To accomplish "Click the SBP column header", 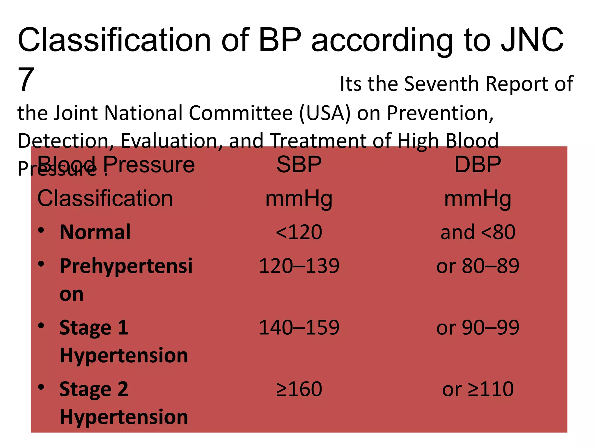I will (x=299, y=165).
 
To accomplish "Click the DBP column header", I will (x=478, y=165).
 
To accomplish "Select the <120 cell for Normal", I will (x=299, y=232).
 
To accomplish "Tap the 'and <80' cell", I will (x=478, y=232).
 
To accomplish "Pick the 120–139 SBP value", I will (x=299, y=266).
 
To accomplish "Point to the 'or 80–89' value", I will (x=478, y=266).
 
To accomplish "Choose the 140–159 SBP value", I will (x=299, y=328).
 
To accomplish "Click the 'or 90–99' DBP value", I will (x=478, y=328).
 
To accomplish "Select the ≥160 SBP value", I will (x=299, y=389).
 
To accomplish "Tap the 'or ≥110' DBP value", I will (x=478, y=389).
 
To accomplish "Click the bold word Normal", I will (x=95, y=232).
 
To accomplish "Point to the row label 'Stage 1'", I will (x=94, y=328).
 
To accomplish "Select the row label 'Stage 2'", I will (x=94, y=389).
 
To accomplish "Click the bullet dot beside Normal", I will (x=41, y=230).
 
